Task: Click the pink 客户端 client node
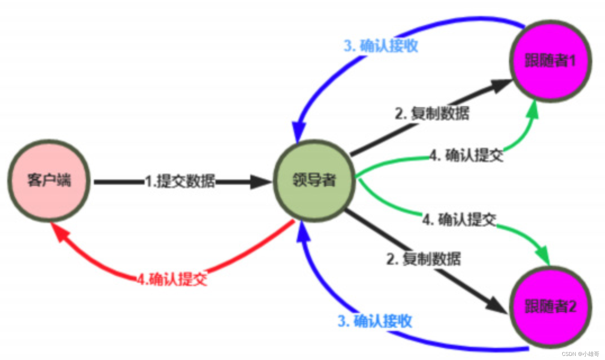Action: pos(49,181)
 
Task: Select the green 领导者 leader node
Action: pos(314,181)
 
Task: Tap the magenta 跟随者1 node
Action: pos(550,61)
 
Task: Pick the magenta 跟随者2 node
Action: pos(550,306)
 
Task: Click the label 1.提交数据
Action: pos(180,181)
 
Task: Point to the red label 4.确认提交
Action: pos(172,279)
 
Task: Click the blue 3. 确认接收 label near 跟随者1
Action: pos(381,46)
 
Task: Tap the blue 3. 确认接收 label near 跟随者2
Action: pos(375,321)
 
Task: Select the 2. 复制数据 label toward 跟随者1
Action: pos(432,113)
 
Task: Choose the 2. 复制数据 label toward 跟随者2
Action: pos(424,259)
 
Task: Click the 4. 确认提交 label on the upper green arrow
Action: pos(466,155)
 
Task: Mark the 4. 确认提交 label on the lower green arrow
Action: pos(459,219)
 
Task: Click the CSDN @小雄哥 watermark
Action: pos(580,354)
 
